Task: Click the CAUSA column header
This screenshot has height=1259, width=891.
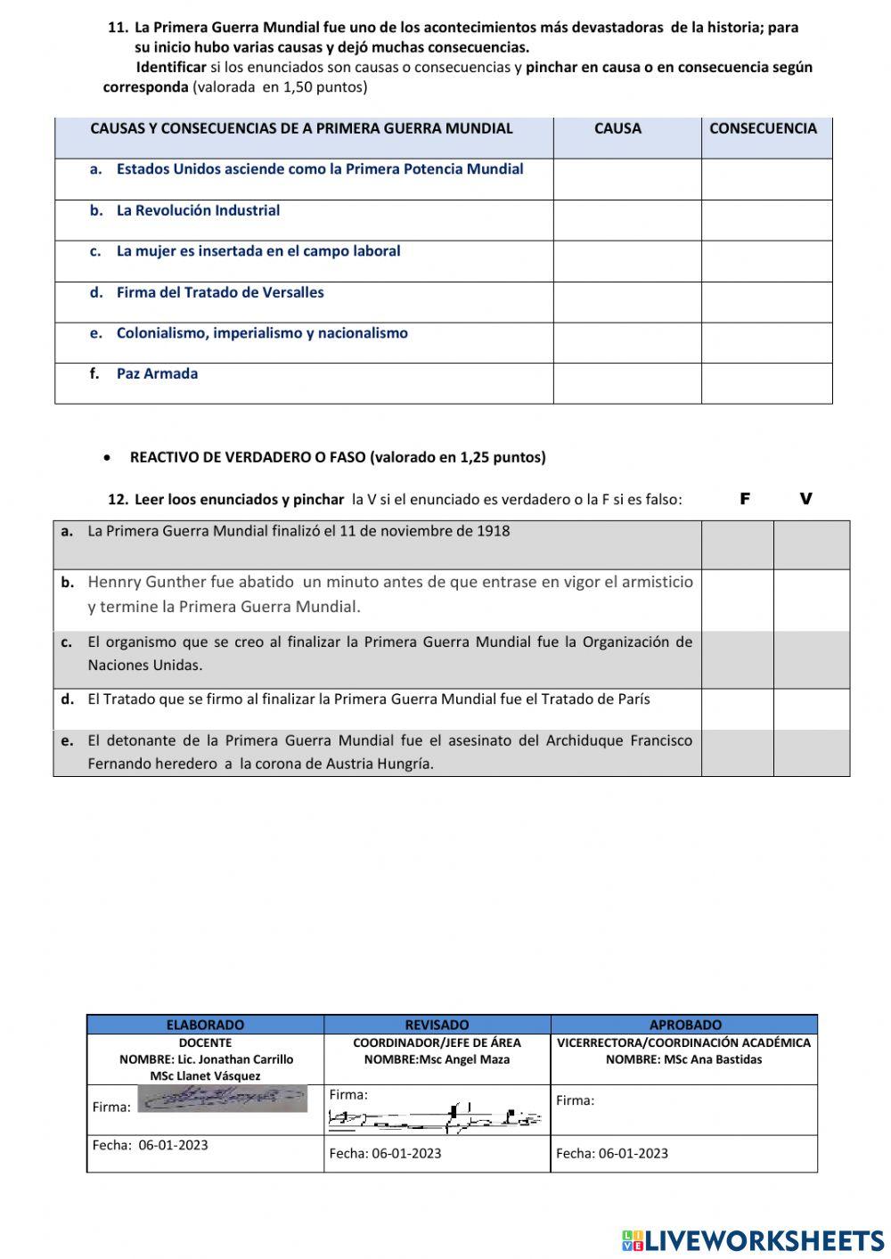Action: [617, 128]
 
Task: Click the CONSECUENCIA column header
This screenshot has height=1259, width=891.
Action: [763, 128]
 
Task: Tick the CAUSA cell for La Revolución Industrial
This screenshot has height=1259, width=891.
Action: [626, 220]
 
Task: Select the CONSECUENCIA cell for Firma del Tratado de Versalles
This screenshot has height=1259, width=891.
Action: [766, 302]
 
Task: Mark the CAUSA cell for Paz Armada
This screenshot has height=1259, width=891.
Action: [626, 383]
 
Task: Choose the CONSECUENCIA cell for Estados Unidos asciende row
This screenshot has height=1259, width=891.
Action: [766, 179]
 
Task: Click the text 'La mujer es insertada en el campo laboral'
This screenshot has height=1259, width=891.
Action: [258, 251]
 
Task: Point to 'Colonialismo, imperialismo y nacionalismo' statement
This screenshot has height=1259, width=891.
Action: [262, 333]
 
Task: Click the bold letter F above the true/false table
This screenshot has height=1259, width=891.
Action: [745, 499]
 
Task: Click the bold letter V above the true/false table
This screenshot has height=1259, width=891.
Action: [806, 499]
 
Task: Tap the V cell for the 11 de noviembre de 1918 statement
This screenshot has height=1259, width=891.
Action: [811, 544]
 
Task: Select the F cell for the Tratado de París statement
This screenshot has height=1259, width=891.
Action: [737, 708]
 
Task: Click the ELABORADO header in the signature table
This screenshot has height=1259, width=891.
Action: [205, 1025]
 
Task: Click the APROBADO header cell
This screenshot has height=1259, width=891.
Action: [685, 1025]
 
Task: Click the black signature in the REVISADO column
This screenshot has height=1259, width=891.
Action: [435, 1118]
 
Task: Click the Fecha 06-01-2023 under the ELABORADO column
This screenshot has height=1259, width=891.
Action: [150, 1145]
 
